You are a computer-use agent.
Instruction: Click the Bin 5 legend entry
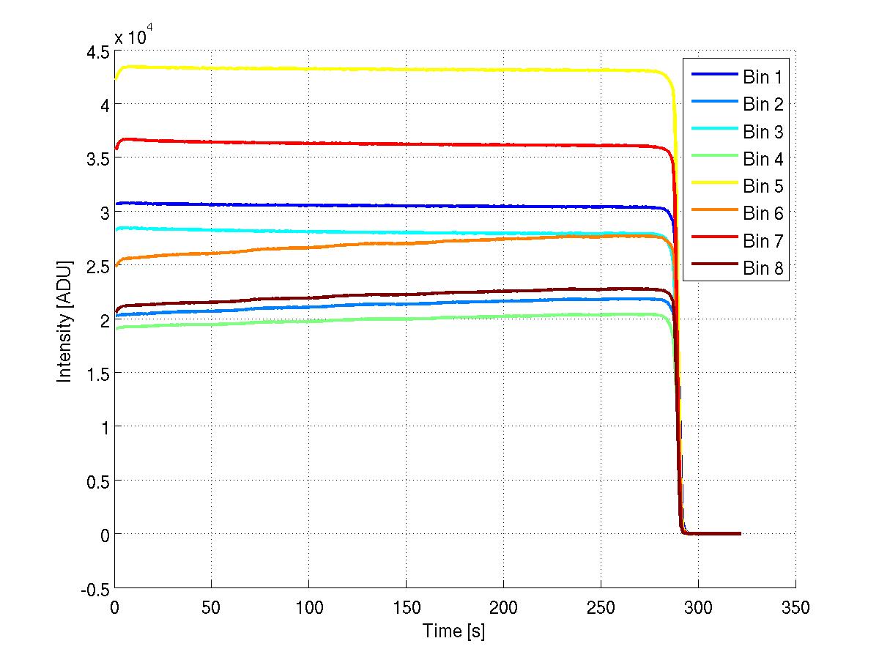tap(763, 187)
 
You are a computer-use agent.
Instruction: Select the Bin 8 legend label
tap(763, 269)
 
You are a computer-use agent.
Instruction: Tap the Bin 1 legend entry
tap(763, 78)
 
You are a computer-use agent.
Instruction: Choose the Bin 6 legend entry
tap(763, 214)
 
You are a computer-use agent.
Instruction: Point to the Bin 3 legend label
tap(763, 132)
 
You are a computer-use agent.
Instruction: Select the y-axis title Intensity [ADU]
tap(66, 319)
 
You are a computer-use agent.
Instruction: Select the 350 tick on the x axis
tap(795, 607)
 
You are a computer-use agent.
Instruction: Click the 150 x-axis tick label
tap(406, 607)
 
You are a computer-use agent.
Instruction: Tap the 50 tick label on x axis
tap(211, 607)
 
